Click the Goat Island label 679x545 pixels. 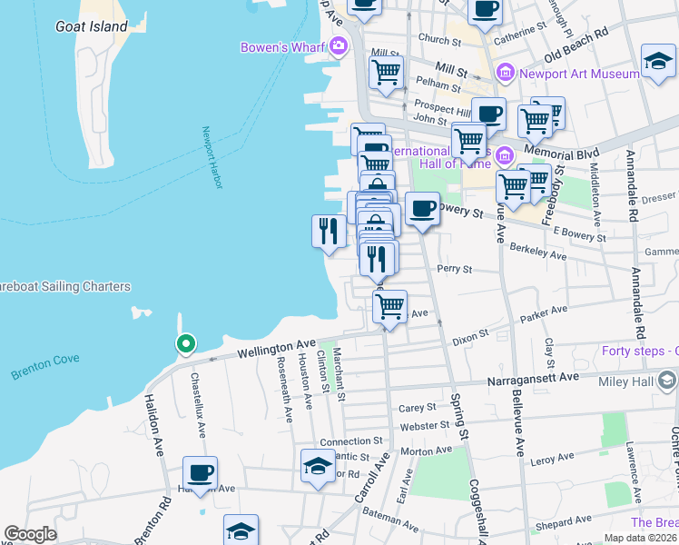(x=91, y=26)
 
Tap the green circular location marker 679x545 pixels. (x=185, y=343)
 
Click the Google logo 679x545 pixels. (x=30, y=534)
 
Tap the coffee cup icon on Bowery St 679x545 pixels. (x=422, y=209)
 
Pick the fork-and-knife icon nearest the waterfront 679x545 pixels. (x=328, y=231)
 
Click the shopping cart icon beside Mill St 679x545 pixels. (x=387, y=73)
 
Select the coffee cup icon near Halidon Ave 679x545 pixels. (x=200, y=472)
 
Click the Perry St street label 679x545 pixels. (x=455, y=270)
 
